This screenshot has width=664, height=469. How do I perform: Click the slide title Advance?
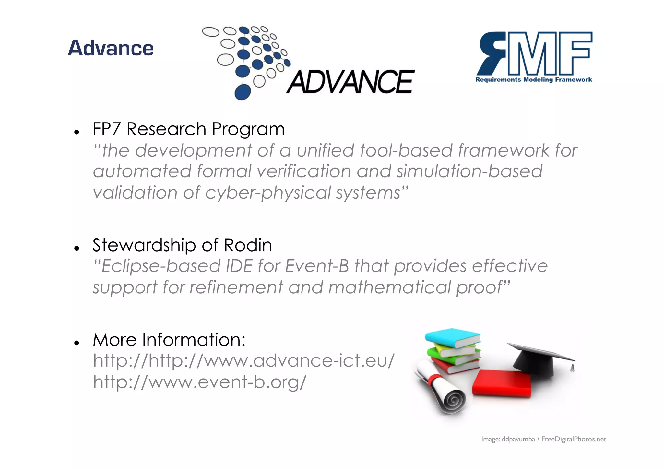pyautogui.click(x=111, y=48)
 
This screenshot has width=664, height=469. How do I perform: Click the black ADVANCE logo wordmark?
pyautogui.click(x=350, y=82)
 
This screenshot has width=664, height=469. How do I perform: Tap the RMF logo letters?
pyautogui.click(x=535, y=53)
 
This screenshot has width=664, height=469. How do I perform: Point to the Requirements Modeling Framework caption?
pyautogui.click(x=534, y=80)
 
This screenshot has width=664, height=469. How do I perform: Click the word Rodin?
pyautogui.click(x=248, y=245)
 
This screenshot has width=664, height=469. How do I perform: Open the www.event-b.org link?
pyautogui.click(x=199, y=382)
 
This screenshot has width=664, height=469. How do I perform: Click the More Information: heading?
pyautogui.click(x=169, y=340)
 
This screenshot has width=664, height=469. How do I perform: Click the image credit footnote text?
pyautogui.click(x=543, y=439)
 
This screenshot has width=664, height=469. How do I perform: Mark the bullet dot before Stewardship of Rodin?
pyautogui.click(x=77, y=249)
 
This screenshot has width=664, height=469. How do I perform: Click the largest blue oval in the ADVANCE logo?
pyautogui.click(x=242, y=92)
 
